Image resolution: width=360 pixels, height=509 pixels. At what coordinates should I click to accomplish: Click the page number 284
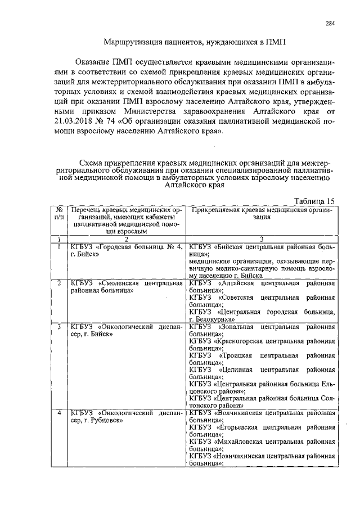tap(330, 23)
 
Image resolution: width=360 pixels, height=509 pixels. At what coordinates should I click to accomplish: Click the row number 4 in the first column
tap(59, 413)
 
